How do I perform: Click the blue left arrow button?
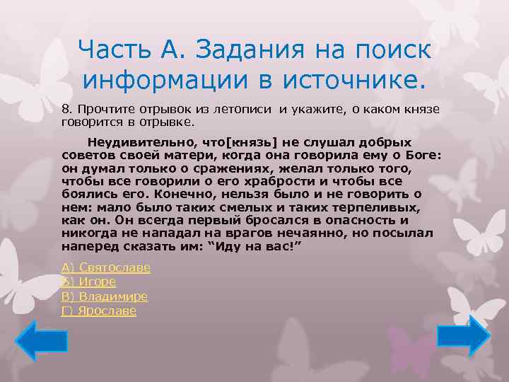(41, 340)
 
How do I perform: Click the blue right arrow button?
(463, 335)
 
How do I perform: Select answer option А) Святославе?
(106, 267)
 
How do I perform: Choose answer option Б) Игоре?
(89, 282)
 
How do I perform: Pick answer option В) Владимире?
(105, 296)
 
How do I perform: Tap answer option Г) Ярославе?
(99, 311)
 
